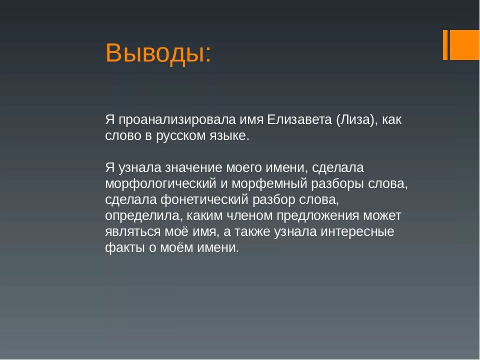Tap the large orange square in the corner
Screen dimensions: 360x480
pyautogui.click(x=465, y=44)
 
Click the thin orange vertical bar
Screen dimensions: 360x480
pyautogui.click(x=445, y=44)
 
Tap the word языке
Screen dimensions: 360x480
pyautogui.click(x=231, y=136)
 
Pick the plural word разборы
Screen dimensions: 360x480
pyautogui.click(x=340, y=183)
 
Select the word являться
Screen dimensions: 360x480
pyautogui.click(x=132, y=231)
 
